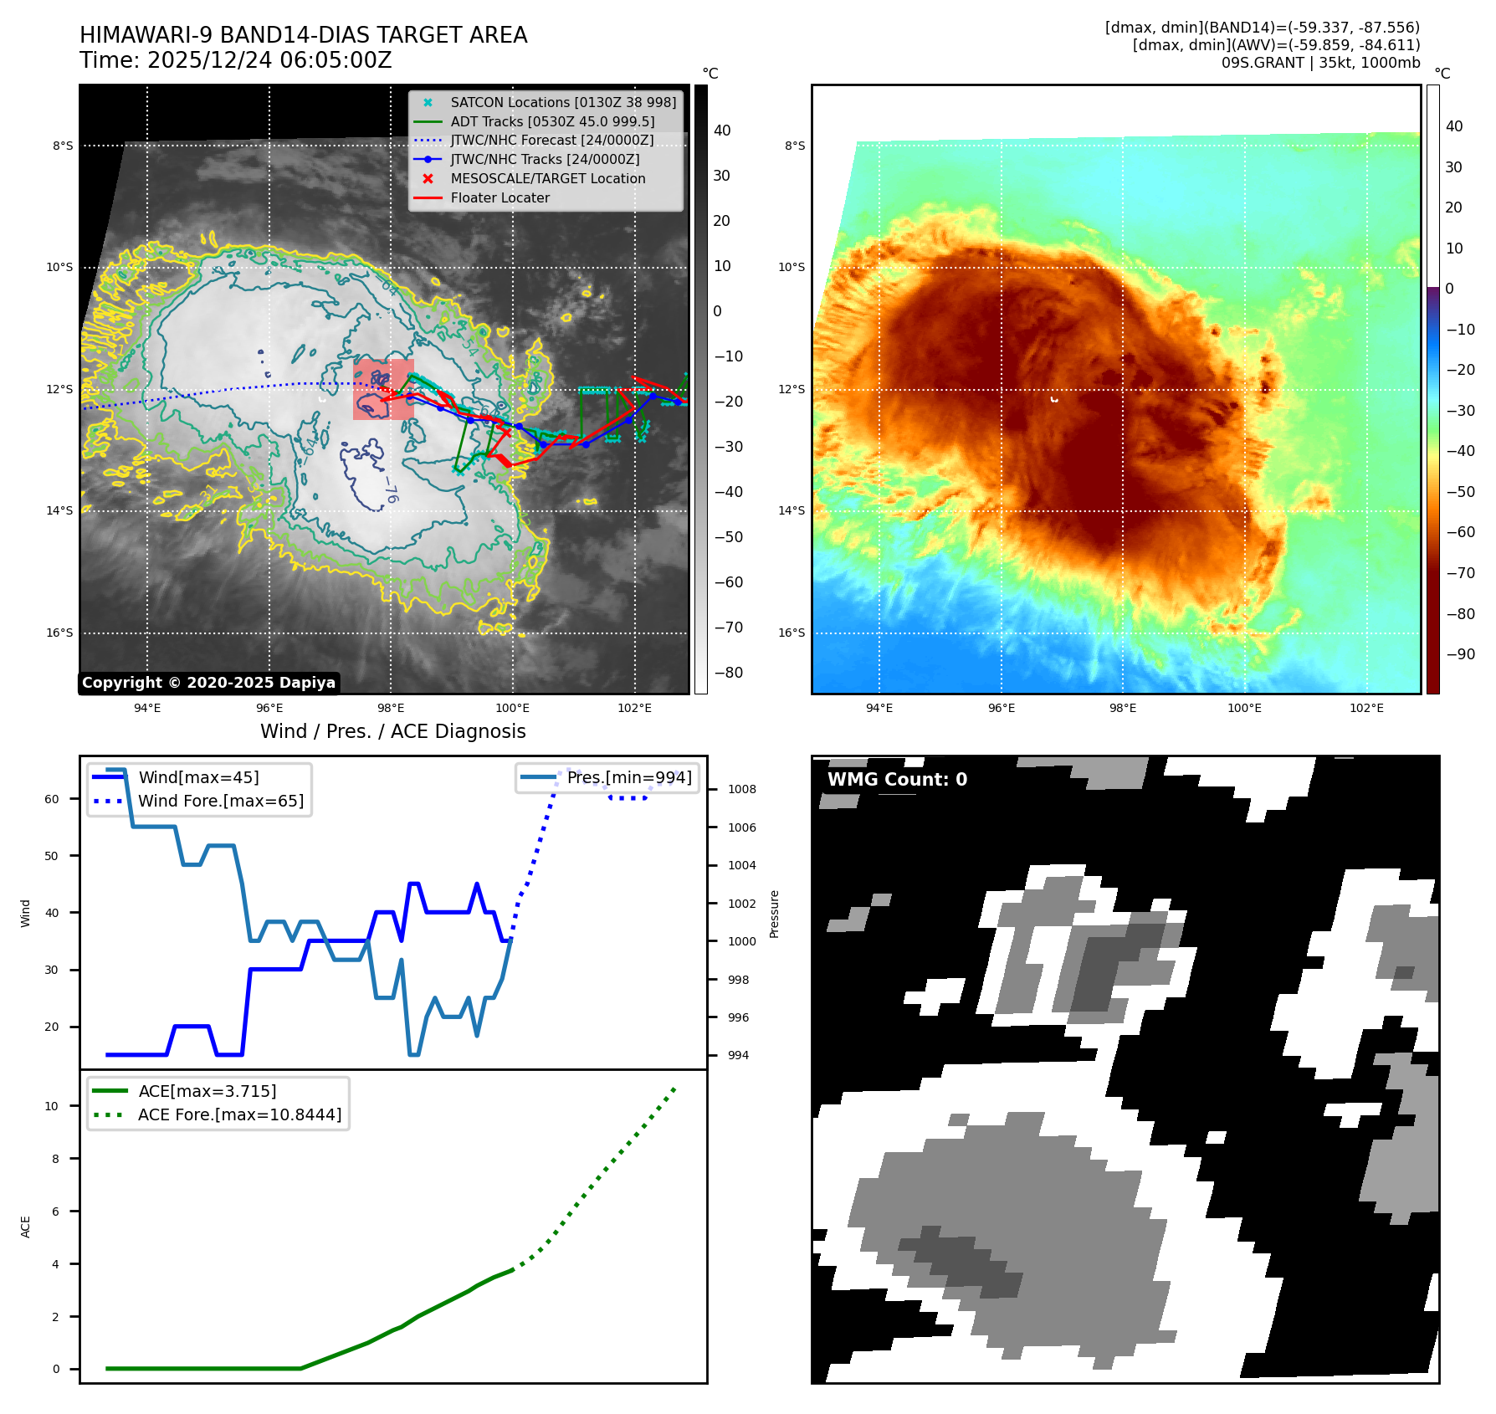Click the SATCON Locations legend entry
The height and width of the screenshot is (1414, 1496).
(562, 102)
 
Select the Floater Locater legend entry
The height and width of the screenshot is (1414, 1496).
(500, 198)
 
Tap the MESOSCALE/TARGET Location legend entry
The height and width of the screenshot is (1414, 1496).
(547, 179)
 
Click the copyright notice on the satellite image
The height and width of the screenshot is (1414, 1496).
(208, 683)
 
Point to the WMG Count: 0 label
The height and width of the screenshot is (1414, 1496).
(897, 780)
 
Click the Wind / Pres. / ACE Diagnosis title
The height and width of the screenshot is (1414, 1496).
(392, 731)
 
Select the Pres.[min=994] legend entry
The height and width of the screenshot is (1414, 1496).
(628, 778)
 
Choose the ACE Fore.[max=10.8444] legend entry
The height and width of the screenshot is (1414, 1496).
(239, 1115)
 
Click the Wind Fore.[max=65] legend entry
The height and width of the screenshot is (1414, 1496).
(221, 802)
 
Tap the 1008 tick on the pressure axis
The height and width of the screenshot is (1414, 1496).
(741, 790)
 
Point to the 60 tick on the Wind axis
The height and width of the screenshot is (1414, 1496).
(52, 799)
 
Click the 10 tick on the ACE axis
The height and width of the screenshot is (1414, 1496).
(52, 1106)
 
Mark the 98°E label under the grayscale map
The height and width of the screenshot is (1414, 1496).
(391, 709)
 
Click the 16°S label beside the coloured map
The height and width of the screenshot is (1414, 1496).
(792, 633)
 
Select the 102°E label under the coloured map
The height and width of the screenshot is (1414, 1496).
(1366, 709)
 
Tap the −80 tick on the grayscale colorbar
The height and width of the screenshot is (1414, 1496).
(727, 673)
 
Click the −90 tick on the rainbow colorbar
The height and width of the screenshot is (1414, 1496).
(1460, 654)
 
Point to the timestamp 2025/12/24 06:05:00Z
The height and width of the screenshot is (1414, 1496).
(269, 61)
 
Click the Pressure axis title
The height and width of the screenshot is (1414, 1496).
(774, 914)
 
